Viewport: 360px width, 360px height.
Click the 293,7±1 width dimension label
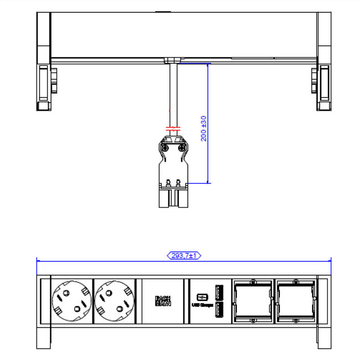coord(183,255)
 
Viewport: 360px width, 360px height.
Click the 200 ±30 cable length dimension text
coord(203,128)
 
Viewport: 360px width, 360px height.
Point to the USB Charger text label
coord(202,305)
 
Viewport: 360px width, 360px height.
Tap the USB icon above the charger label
coord(202,295)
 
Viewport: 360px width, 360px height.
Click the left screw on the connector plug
coord(164,148)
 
